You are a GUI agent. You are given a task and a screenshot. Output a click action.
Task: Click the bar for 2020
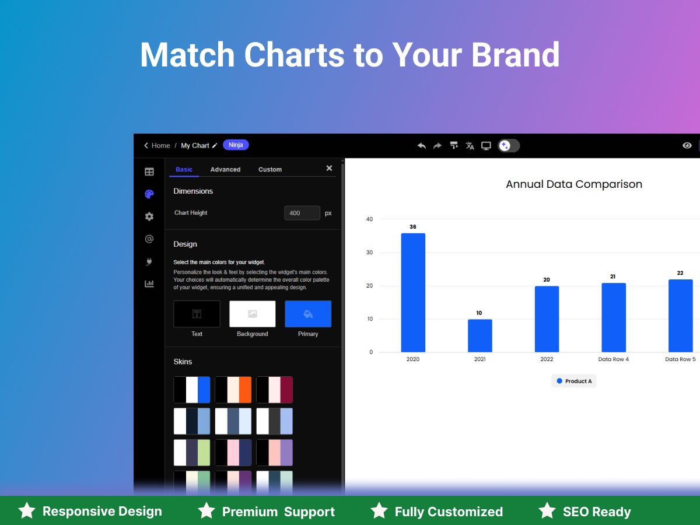413,293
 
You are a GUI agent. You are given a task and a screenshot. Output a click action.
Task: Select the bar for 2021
480,335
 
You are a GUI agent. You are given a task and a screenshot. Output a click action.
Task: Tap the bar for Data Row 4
614,317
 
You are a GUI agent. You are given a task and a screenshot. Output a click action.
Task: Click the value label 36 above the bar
413,227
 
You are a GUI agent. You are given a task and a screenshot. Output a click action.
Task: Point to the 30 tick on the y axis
369,253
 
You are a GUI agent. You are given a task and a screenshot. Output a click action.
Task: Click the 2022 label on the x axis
547,359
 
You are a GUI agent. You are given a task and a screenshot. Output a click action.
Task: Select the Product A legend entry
574,381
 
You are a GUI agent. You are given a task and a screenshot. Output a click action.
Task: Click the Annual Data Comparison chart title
574,184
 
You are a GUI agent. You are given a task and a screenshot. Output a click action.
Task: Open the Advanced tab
225,170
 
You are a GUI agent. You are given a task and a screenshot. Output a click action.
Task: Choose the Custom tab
270,170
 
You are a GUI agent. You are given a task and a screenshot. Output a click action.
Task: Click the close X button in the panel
329,168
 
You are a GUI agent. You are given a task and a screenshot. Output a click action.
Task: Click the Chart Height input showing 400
302,213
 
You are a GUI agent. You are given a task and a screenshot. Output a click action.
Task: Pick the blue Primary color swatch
308,314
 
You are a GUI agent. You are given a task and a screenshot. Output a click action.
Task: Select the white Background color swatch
252,314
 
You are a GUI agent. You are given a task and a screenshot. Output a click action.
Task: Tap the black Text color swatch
197,314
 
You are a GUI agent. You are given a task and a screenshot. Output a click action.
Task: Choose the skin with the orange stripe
233,390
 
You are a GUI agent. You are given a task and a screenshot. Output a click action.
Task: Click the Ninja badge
236,145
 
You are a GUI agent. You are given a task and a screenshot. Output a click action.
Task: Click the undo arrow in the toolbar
422,146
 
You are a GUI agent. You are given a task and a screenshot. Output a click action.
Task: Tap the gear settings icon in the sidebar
149,217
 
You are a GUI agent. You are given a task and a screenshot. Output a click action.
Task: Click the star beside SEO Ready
547,510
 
